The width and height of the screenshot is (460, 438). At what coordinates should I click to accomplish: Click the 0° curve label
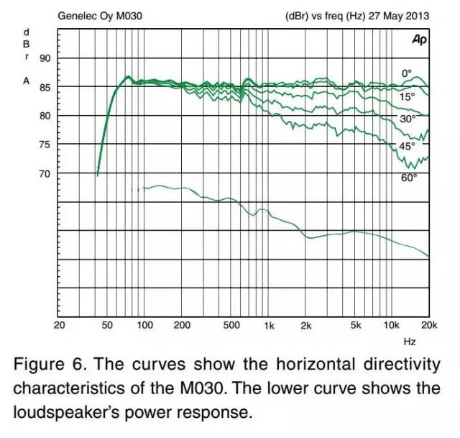pos(407,73)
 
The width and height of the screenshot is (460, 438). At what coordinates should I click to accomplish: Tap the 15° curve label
pos(408,96)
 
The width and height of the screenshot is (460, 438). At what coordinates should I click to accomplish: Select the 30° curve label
pos(408,119)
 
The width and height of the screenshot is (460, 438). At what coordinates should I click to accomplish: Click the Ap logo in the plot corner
pos(420,41)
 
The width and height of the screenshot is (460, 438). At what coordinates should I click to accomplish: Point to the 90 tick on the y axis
pos(45,58)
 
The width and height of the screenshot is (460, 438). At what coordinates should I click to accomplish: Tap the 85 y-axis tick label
pos(45,87)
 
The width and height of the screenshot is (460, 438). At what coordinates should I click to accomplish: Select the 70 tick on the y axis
pos(45,173)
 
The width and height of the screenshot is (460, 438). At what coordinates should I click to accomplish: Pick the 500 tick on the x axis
pos(231,325)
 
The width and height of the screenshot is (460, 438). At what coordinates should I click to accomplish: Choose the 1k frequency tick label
pos(269,325)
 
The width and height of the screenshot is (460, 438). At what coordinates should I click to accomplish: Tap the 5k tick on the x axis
pos(355,325)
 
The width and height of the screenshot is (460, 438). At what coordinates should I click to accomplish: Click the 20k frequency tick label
pos(429,325)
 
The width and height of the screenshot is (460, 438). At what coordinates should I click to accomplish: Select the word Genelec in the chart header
pos(75,14)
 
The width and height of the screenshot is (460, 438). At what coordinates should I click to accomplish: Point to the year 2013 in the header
pos(418,14)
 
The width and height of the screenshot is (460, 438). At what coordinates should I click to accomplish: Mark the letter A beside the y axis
pos(26,81)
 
